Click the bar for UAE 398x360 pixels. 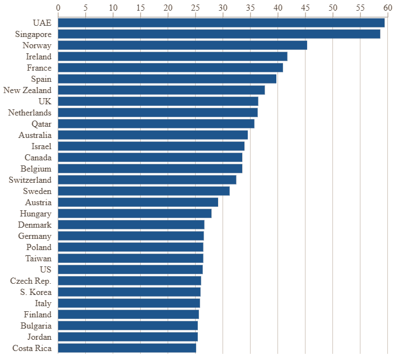[x=221, y=23]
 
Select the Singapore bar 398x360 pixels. [x=219, y=34]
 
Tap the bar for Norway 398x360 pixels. [x=182, y=45]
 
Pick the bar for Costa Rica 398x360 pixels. [x=127, y=348]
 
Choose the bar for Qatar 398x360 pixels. [x=156, y=124]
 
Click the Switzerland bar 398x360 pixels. [x=147, y=180]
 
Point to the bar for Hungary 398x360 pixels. [x=135, y=214]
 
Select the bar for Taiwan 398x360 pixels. [x=131, y=259]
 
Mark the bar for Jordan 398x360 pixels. [x=128, y=337]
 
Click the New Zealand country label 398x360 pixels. [x=27, y=90]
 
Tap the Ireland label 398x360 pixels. [x=38, y=57]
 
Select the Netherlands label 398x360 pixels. [x=30, y=113]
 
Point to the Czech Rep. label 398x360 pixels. [x=31, y=281]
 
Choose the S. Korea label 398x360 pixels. [x=35, y=292]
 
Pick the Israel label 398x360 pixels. [x=41, y=146]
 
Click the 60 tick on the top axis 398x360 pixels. [x=387, y=7]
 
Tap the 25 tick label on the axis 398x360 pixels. [x=195, y=7]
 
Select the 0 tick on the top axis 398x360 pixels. [x=58, y=7]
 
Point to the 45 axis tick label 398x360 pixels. [x=305, y=7]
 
